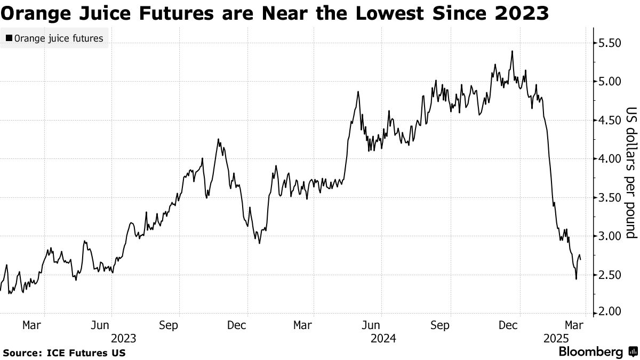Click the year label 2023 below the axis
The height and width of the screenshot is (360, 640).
124,338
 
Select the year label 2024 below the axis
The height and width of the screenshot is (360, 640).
382,338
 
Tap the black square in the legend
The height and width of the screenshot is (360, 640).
9,38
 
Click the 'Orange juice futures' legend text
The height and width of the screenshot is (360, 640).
59,38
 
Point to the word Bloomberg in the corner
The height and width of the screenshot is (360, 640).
590,352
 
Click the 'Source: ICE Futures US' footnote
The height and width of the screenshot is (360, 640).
64,353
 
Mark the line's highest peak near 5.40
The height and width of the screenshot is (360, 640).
512,51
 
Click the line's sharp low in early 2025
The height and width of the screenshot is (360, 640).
576,279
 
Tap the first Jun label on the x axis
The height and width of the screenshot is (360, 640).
101,325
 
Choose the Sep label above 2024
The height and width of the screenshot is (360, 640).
440,325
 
